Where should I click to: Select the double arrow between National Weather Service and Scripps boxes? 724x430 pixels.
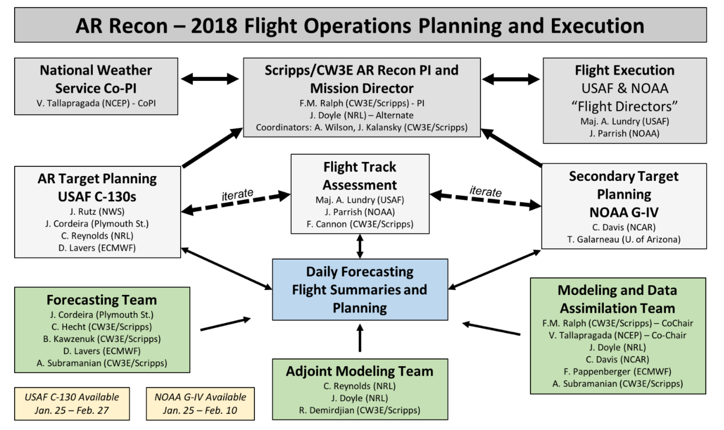[210, 79]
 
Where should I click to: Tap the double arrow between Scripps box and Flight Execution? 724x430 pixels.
[511, 79]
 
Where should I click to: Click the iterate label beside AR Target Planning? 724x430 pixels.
[238, 195]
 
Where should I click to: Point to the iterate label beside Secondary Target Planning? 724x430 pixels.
[485, 191]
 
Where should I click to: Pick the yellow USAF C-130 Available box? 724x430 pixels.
[72, 404]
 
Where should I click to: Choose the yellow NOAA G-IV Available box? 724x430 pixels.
[200, 404]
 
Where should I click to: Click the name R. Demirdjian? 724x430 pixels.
[359, 410]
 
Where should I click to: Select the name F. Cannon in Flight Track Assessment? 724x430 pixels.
[360, 224]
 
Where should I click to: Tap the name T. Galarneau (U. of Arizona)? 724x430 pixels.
[624, 239]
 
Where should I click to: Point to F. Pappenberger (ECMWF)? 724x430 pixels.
[618, 371]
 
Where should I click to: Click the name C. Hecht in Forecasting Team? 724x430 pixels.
[101, 327]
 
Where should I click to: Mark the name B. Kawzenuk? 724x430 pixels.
[101, 339]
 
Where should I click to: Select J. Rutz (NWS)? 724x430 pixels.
[97, 211]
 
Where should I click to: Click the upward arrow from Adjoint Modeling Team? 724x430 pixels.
[360, 338]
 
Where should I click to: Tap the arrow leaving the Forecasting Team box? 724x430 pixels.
[226, 324]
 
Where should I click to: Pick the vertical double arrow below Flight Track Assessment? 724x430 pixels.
[360, 246]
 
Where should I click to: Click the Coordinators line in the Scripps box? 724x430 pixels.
[362, 128]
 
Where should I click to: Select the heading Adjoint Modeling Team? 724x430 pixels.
[360, 371]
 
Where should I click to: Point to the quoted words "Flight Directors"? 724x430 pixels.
[624, 106]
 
